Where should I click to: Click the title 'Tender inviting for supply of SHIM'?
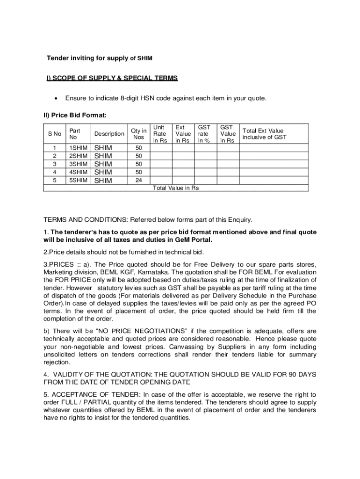click(x=99, y=58)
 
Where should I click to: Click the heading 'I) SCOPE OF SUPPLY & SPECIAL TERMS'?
click(x=112, y=78)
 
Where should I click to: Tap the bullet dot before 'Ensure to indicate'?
click(x=56, y=98)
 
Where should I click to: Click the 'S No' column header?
click(x=55, y=134)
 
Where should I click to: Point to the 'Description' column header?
click(x=109, y=134)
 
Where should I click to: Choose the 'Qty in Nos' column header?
click(x=138, y=134)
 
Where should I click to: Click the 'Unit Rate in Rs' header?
click(x=160, y=134)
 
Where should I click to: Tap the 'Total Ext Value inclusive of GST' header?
click(x=264, y=134)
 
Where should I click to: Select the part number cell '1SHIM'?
click(x=78, y=148)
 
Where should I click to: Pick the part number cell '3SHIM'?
click(x=78, y=164)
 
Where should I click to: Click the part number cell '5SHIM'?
click(x=78, y=180)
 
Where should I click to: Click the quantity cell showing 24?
click(x=138, y=180)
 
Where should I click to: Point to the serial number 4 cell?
click(x=55, y=172)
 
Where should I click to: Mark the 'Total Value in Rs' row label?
click(x=176, y=188)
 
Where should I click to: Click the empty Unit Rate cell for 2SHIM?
click(x=160, y=156)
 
